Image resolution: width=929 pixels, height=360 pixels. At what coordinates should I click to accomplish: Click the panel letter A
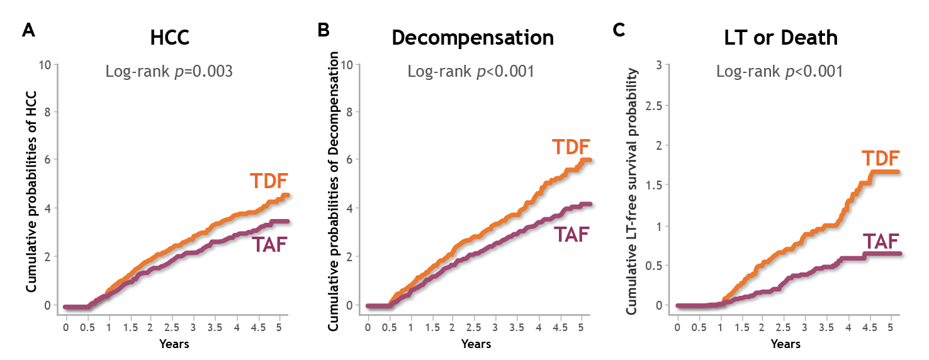[x=28, y=31]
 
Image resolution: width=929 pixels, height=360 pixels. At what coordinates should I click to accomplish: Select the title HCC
[x=169, y=38]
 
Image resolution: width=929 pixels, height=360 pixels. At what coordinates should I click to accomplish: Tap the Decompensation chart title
[x=473, y=38]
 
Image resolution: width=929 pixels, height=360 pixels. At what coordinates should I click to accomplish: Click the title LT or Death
[x=780, y=38]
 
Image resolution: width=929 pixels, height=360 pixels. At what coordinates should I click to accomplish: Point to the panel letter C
[x=619, y=31]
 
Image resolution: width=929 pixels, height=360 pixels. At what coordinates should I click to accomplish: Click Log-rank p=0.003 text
[x=169, y=71]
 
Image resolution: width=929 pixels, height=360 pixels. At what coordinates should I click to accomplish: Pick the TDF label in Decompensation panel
[x=571, y=147]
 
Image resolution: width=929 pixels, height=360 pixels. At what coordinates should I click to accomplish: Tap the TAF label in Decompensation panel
[x=571, y=235]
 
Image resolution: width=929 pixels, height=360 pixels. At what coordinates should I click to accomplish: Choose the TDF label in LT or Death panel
[x=880, y=159]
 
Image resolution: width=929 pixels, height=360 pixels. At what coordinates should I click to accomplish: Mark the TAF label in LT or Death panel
[x=880, y=241]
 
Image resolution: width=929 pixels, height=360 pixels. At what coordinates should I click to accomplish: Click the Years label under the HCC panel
[x=174, y=344]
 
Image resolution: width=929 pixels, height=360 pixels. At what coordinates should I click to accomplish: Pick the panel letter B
[x=324, y=31]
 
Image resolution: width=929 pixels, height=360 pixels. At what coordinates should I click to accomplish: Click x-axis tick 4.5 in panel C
[x=869, y=329]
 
